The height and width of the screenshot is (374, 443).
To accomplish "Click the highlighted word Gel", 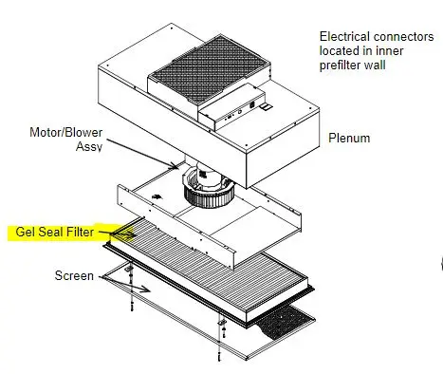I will (28, 232).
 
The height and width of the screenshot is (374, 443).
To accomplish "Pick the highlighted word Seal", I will (56, 232).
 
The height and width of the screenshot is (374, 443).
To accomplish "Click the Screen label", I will (74, 276).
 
